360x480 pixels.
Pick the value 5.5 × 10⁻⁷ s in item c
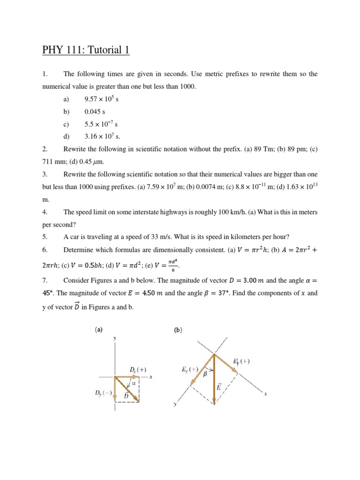[101, 124]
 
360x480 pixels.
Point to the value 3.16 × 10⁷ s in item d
[102, 136]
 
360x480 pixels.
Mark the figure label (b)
[178, 330]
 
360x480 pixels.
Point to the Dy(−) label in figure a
[103, 393]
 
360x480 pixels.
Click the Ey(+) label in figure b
[190, 368]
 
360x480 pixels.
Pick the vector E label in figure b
[218, 387]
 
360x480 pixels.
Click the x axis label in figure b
[265, 394]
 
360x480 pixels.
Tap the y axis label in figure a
[114, 337]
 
